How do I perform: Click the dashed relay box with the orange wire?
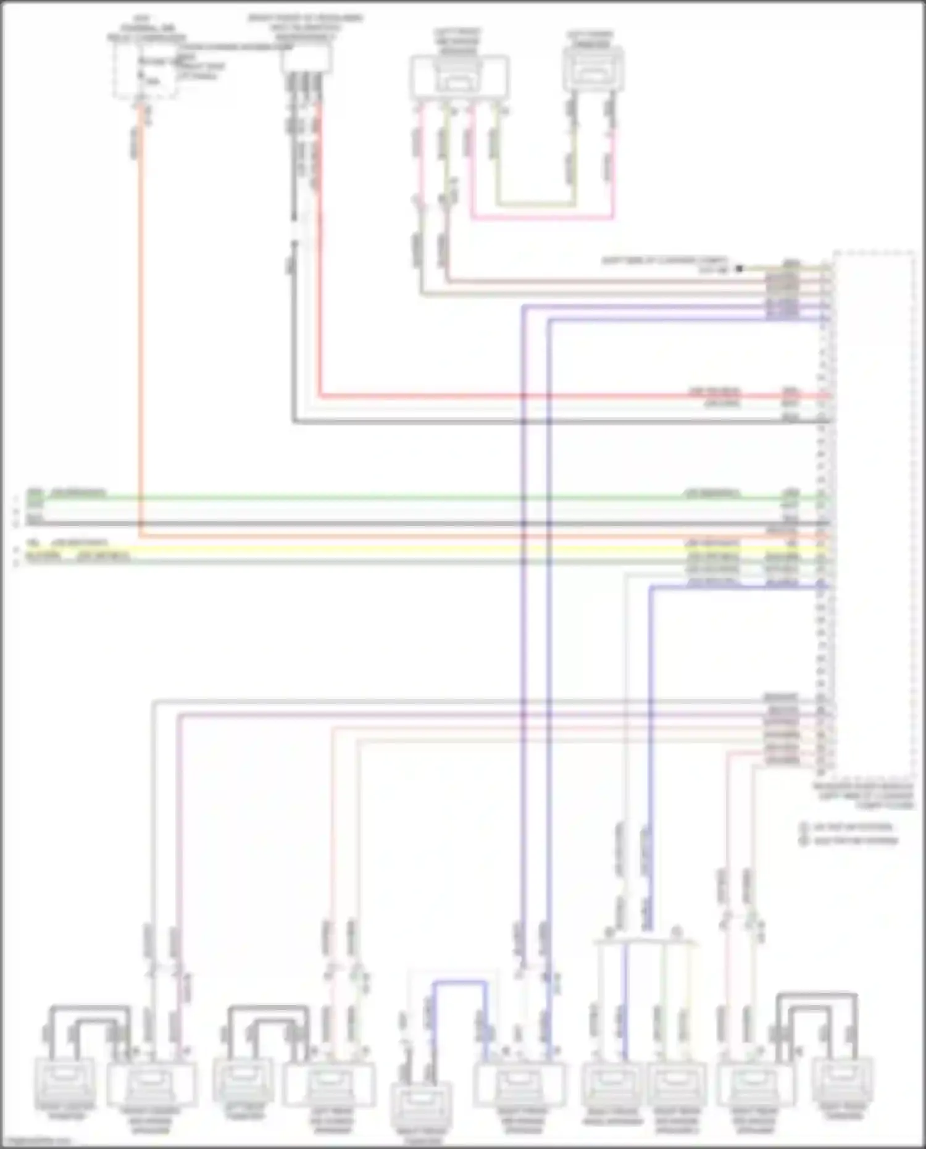pyautogui.click(x=143, y=70)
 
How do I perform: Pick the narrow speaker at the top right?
pyautogui.click(x=593, y=68)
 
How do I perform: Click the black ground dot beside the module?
pyautogui.click(x=739, y=269)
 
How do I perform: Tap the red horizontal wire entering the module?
pyautogui.click(x=556, y=396)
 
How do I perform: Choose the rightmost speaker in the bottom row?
pyautogui.click(x=842, y=1077)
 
